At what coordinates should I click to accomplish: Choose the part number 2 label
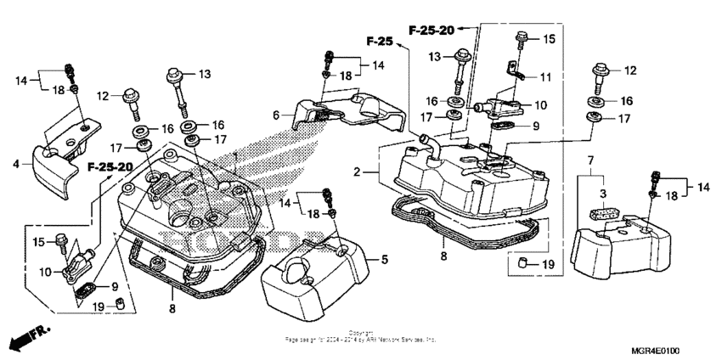point(360,172)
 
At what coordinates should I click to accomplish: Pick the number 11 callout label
point(544,76)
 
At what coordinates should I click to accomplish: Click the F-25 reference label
point(381,41)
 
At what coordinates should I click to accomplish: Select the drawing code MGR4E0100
point(661,349)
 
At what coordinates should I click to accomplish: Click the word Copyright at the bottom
point(360,332)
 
